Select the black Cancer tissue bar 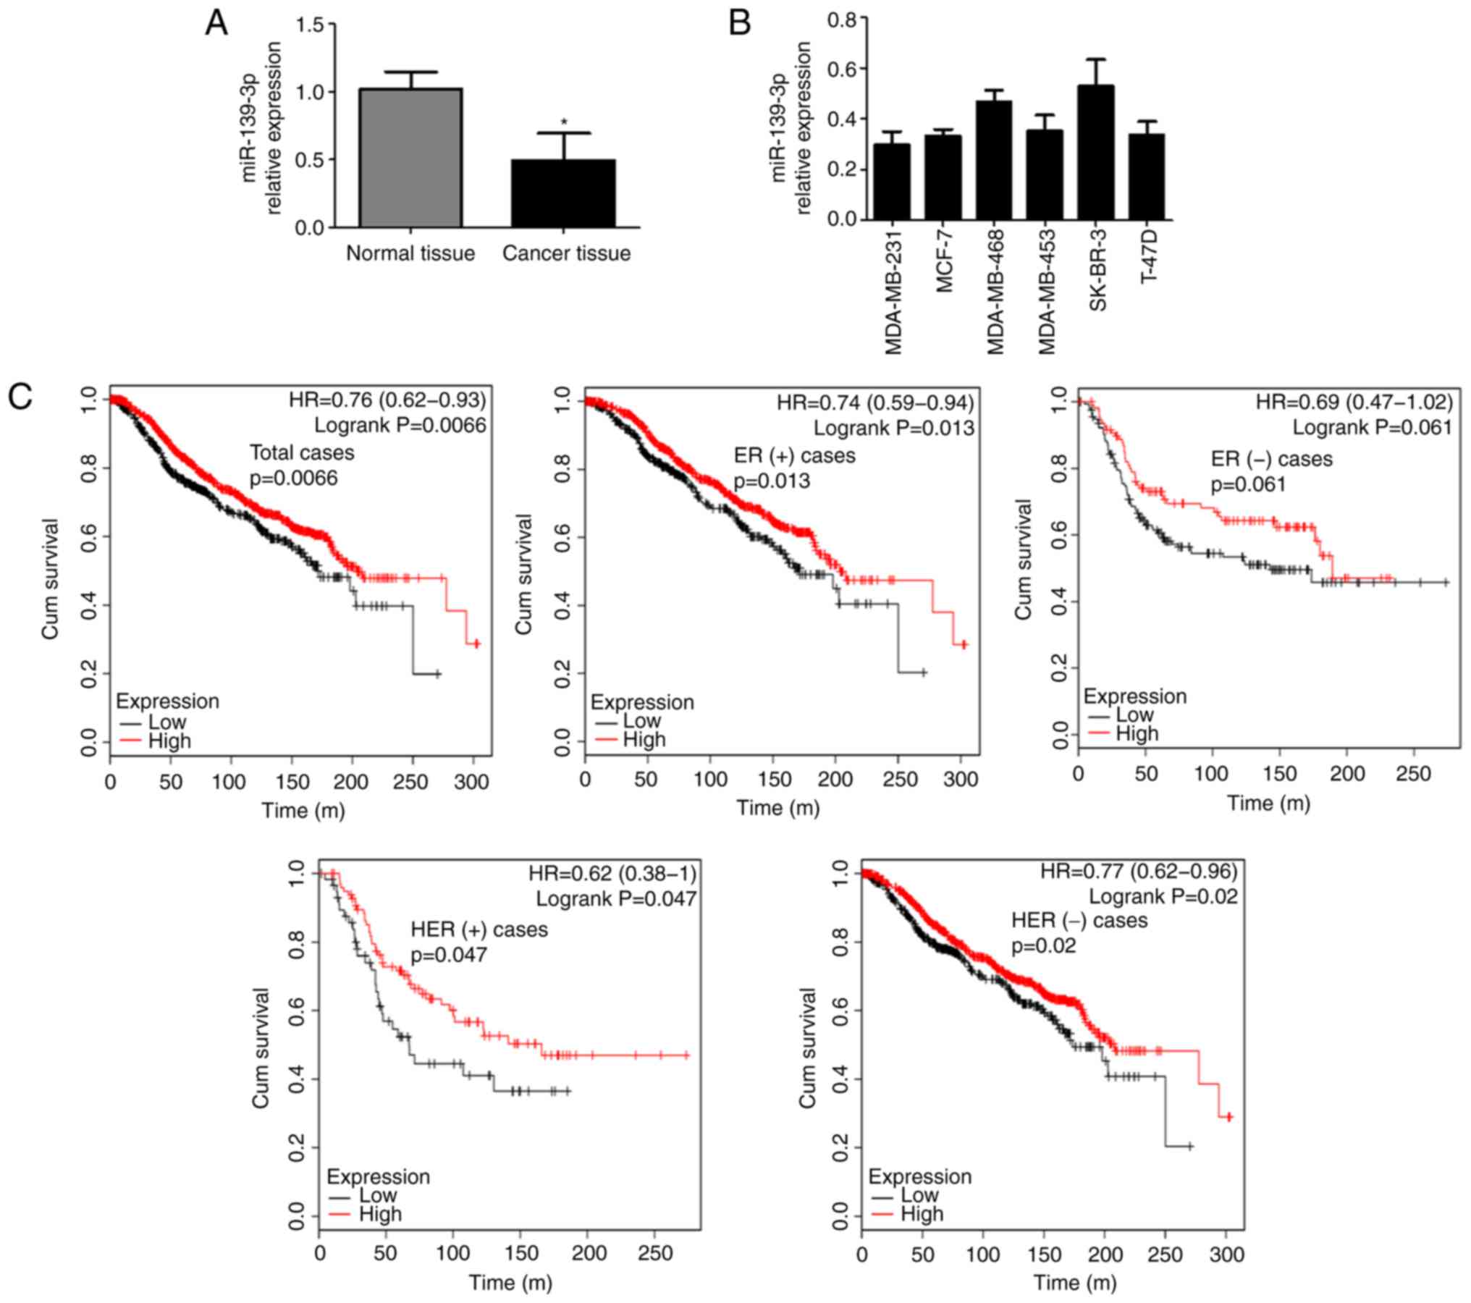(564, 193)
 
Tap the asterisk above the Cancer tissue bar (564, 122)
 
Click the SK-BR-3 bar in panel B (1096, 152)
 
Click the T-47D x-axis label (1148, 257)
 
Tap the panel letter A (216, 24)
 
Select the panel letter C (20, 397)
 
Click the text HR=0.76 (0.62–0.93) (387, 400)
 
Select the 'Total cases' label (302, 453)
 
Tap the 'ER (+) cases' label (794, 455)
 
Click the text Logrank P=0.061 (1373, 428)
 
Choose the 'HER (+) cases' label (479, 929)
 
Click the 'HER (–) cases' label (1079, 920)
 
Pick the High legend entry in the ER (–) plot (1137, 733)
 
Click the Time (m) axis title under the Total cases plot (303, 810)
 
